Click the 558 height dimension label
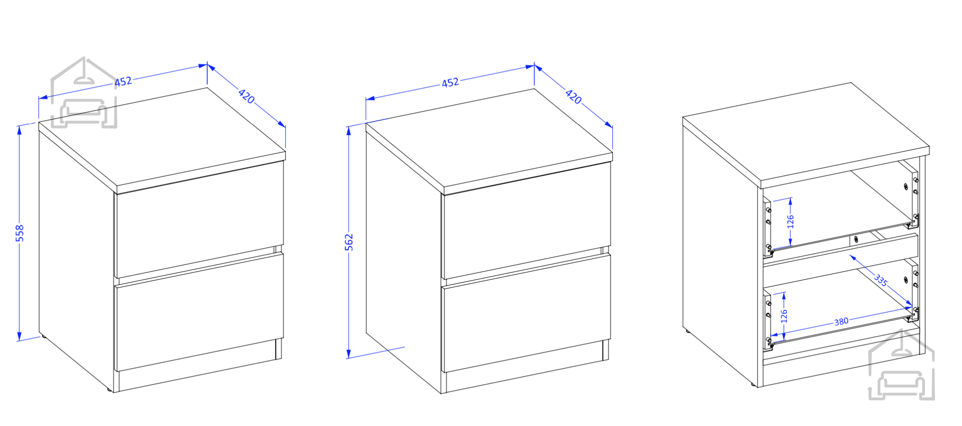click(19, 233)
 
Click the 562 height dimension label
click(349, 242)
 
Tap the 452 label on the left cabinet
click(123, 81)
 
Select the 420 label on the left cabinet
click(247, 96)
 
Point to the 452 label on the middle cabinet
click(450, 82)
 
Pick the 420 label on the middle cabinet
click(573, 96)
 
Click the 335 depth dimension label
click(881, 280)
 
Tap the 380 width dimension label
click(841, 321)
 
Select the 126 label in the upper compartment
click(790, 222)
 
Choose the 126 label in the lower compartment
click(784, 316)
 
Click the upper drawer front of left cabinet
click(199, 219)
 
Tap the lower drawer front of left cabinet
click(199, 312)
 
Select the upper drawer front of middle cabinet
click(526, 220)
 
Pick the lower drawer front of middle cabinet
click(526, 313)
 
